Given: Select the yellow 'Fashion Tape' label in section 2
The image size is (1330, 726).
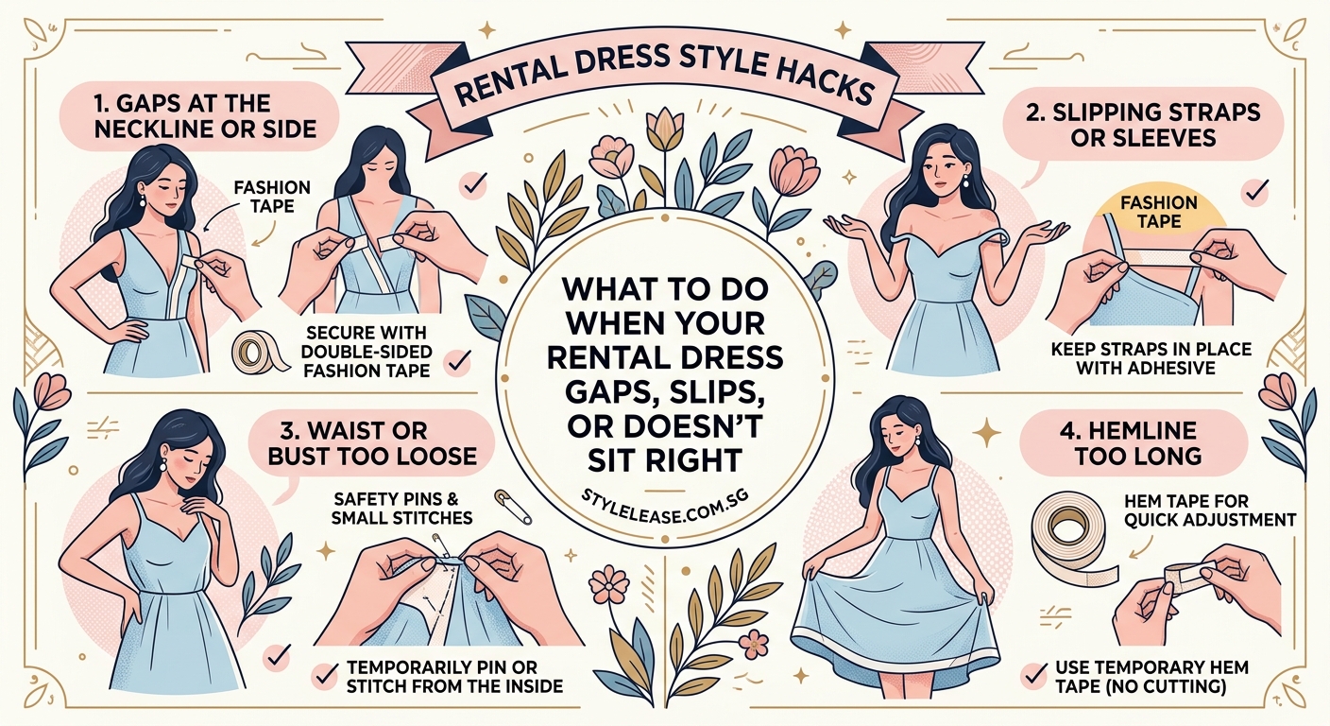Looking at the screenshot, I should click(x=1158, y=212).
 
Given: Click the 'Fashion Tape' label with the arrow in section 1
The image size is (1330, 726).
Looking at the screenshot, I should click(x=271, y=197).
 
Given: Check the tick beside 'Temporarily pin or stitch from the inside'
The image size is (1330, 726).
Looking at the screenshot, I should click(x=326, y=674).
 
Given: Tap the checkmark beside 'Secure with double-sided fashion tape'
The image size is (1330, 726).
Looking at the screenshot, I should click(x=458, y=360).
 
